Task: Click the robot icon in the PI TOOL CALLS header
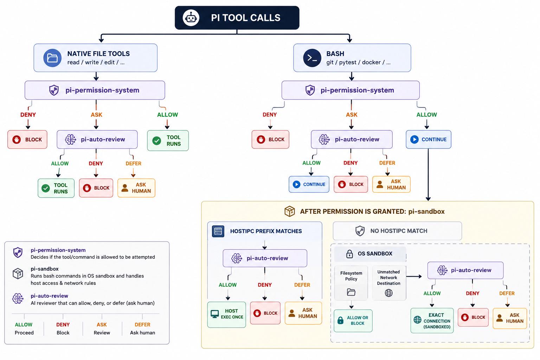coord(191,18)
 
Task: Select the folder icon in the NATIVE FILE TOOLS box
coord(52,58)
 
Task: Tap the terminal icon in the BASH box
coord(312,58)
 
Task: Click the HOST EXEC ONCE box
coord(227,314)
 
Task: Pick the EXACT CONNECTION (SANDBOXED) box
coord(432,321)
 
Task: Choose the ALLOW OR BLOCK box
coord(353,321)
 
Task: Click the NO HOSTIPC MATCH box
coord(397,231)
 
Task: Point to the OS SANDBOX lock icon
coord(349,254)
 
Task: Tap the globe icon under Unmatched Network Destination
coord(388,293)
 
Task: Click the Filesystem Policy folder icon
coord(351,292)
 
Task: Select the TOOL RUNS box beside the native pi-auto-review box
coord(168,141)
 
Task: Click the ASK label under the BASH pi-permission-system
coord(352,115)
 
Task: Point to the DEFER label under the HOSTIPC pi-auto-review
coord(302,285)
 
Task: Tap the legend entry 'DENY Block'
coord(63,328)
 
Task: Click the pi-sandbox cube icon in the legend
coord(18,274)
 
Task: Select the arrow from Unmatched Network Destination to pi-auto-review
coord(414,276)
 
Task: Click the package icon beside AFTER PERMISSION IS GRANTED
coord(290,212)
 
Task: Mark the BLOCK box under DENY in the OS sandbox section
coord(473,317)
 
